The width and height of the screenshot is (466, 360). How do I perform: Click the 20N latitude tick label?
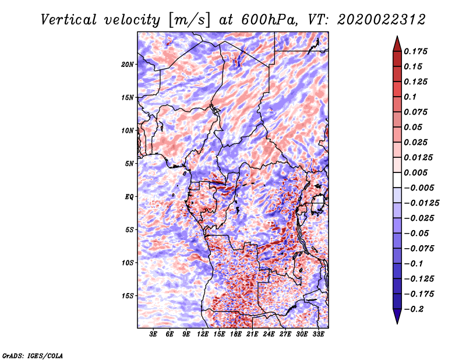pos(128,65)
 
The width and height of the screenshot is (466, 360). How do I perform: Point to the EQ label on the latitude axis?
pos(129,197)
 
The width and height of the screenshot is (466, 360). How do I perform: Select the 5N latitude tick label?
pos(129,164)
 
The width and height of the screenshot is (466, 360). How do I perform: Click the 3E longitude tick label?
pos(153,334)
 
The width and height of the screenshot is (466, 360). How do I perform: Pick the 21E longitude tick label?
pos(252,334)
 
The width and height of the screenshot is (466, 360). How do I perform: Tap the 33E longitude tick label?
pos(318,334)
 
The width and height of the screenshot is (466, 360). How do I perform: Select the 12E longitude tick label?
pos(202,334)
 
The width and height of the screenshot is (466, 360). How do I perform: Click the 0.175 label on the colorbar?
pos(415,51)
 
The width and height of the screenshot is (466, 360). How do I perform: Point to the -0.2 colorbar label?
pos(414,309)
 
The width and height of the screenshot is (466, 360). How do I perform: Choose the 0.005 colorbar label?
pos(415,172)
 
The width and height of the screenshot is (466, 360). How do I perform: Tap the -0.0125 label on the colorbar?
pos(421,203)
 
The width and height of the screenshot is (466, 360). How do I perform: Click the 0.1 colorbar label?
pos(410,97)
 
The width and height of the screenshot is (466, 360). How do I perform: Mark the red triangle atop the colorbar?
pos(397,44)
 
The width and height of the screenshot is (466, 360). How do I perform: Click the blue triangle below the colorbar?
pos(397,316)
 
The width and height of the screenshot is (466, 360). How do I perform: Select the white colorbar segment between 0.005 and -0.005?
pos(397,180)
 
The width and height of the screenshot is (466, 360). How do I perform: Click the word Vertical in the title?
pos(69,20)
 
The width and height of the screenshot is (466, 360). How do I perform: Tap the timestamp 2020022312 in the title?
pos(382,20)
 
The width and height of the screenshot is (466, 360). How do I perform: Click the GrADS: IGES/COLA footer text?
pos(33,355)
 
